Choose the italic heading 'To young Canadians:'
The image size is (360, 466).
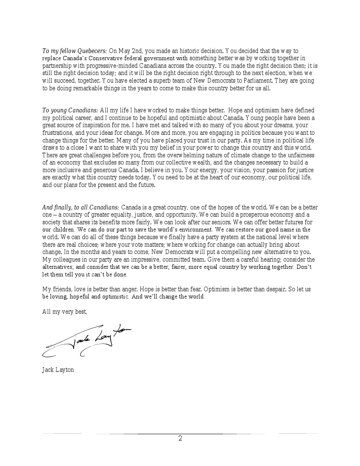(x=70, y=110)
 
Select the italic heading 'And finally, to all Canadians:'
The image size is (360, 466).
(x=81, y=207)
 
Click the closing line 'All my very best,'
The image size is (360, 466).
(x=65, y=312)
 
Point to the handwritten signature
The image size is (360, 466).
(x=87, y=339)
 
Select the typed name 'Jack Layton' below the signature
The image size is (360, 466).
(x=58, y=370)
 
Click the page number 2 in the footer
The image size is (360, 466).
(x=180, y=438)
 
